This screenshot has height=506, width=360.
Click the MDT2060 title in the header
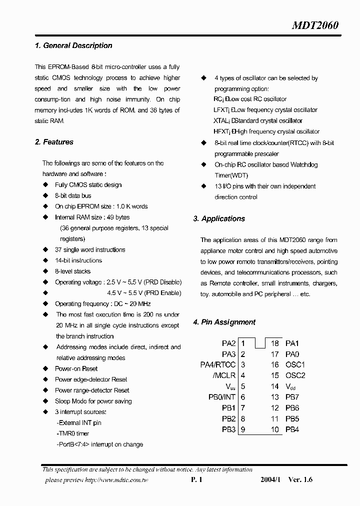[315, 25]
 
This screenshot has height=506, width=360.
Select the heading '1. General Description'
[73, 45]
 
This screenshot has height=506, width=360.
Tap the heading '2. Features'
[54, 142]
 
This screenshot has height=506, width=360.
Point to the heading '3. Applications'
[219, 218]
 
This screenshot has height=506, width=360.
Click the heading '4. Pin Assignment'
[224, 322]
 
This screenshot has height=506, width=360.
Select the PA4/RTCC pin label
[218, 365]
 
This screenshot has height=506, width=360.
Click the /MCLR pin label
[225, 375]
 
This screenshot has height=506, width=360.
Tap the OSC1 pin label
[295, 365]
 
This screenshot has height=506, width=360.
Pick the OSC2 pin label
[295, 375]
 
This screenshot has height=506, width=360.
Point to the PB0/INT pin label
[221, 397]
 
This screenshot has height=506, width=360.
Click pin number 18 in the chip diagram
[274, 343]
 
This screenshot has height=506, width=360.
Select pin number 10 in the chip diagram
[274, 429]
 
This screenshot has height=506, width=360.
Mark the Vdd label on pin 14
[290, 386]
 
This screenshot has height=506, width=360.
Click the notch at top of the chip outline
[259, 342]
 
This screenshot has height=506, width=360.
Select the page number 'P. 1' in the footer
[196, 479]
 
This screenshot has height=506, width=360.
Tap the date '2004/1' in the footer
[270, 479]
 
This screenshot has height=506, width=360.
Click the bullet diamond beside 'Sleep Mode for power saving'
[45, 401]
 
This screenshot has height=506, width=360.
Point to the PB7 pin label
[292, 397]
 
